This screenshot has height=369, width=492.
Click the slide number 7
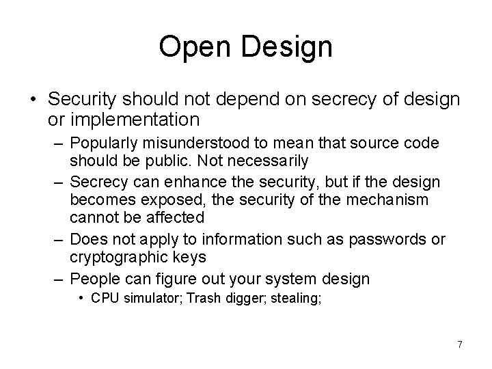[x=459, y=344]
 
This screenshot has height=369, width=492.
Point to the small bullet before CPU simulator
[x=81, y=299]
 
